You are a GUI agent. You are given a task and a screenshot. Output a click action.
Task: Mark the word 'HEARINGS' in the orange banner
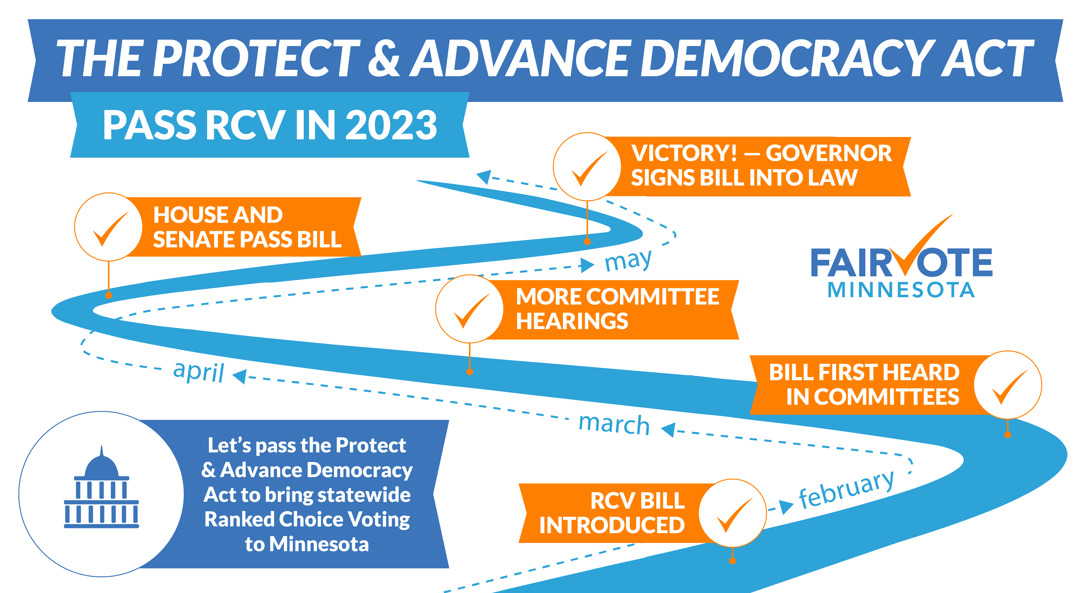(572, 321)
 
